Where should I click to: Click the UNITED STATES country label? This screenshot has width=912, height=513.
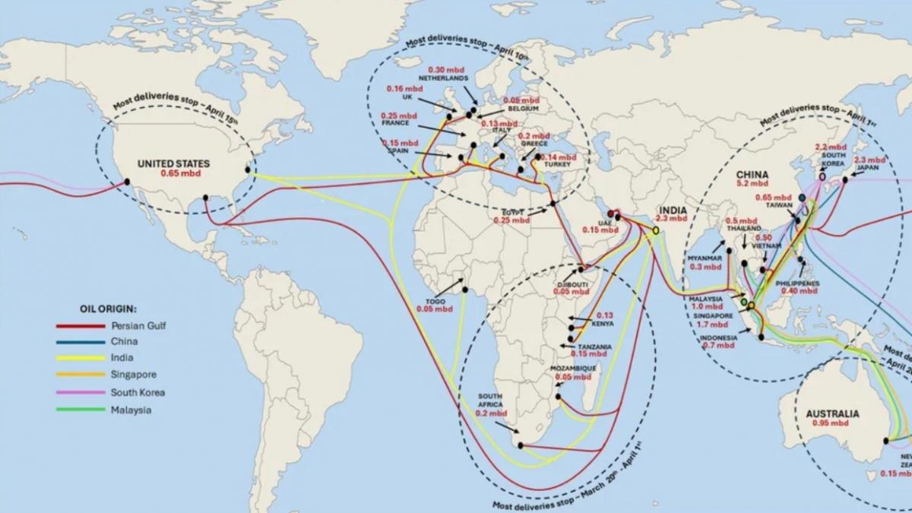(x=173, y=163)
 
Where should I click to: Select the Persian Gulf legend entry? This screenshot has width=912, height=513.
(x=138, y=325)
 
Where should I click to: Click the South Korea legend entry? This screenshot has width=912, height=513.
(x=138, y=393)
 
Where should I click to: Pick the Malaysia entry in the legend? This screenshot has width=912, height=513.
(x=131, y=410)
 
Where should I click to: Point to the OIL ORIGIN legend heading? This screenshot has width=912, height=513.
(x=109, y=309)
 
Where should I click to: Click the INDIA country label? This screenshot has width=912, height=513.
(x=673, y=209)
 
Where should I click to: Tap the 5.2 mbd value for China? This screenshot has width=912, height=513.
(x=752, y=183)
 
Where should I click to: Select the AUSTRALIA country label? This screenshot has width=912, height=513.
(x=832, y=414)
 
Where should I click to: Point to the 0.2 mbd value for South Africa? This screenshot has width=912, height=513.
(x=491, y=413)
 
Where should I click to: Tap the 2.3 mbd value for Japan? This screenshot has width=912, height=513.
(x=869, y=160)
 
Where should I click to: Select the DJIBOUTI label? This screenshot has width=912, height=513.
(x=572, y=284)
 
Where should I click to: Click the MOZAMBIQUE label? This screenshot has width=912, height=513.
(x=573, y=368)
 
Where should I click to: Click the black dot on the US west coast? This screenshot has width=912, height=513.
(x=127, y=181)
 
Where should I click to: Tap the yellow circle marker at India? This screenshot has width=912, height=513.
(x=655, y=231)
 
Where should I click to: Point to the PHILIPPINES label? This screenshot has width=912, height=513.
(x=798, y=283)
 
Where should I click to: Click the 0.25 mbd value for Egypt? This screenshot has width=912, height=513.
(x=511, y=220)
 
